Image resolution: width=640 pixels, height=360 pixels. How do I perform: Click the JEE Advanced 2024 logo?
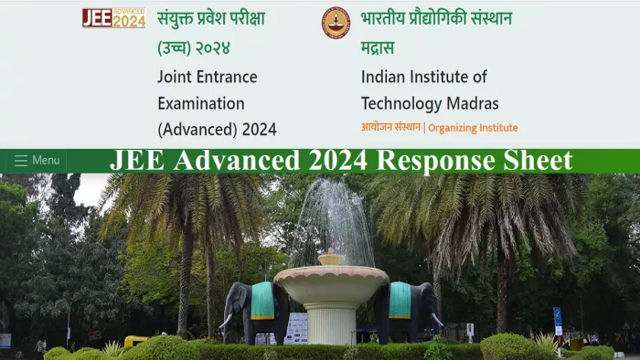113,17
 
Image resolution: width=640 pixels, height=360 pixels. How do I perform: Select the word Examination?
200,103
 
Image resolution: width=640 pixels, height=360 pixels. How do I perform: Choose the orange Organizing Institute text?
473,128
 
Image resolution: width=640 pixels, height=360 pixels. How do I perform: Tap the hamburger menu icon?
20,161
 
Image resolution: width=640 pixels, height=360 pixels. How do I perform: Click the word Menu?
46,161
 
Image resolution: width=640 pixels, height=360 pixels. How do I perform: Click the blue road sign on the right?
557,315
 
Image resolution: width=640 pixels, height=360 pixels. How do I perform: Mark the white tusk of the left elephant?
225,321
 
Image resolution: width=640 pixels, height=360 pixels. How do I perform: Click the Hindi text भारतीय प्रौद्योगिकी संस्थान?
436,18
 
